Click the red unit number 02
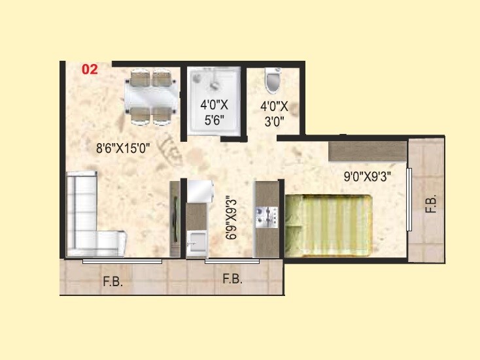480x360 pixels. pyautogui.click(x=90, y=69)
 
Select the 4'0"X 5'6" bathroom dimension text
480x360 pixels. pyautogui.click(x=213, y=111)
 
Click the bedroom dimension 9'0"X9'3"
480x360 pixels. pyautogui.click(x=368, y=176)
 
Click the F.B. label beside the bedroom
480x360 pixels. pyautogui.click(x=430, y=204)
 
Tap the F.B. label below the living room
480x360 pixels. pyautogui.click(x=112, y=282)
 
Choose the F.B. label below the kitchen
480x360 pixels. pyautogui.click(x=232, y=279)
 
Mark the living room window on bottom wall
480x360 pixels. pyautogui.click(x=122, y=261)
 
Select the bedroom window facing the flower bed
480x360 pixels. pyautogui.click(x=409, y=199)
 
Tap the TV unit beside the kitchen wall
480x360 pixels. pyautogui.click(x=174, y=219)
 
